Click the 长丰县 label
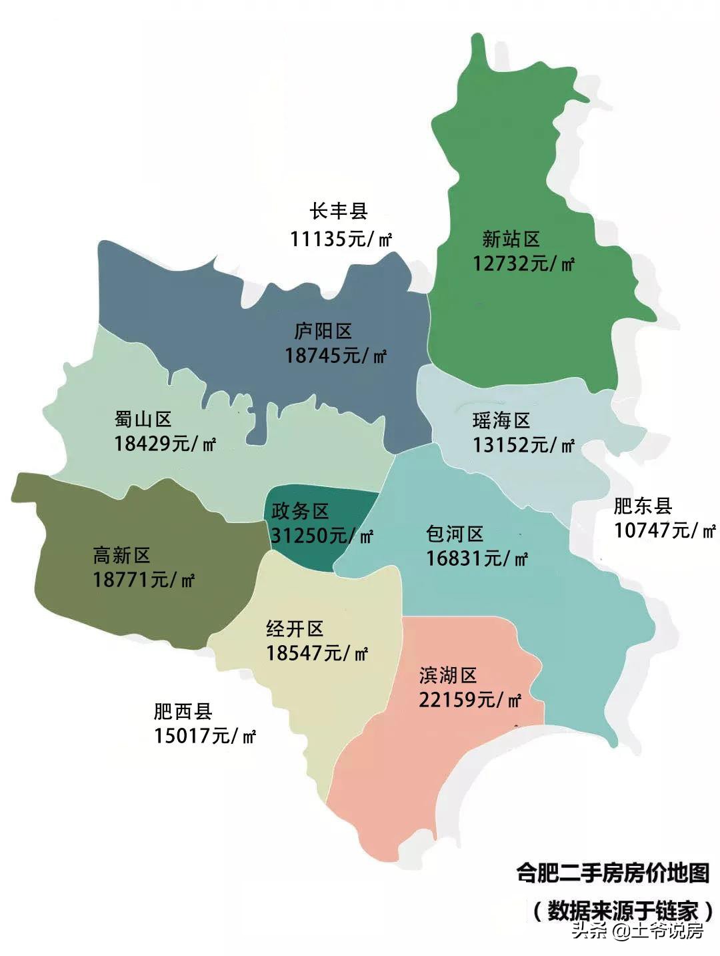point(339,211)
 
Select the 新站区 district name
point(511,239)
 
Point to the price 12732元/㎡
point(523,264)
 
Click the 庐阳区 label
point(323,331)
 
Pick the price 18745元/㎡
point(335,356)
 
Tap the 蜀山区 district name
point(143,419)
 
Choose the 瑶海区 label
point(501,420)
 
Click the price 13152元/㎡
point(523,445)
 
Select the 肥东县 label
point(643,506)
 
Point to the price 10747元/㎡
point(665,530)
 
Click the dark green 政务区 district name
point(300,511)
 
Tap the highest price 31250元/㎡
point(321,536)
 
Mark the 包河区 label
point(455,534)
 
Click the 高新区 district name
point(121,555)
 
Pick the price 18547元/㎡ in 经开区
point(317,653)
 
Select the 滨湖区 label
point(448,675)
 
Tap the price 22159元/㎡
point(470,700)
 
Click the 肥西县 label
point(183,711)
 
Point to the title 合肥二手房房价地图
point(613,873)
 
